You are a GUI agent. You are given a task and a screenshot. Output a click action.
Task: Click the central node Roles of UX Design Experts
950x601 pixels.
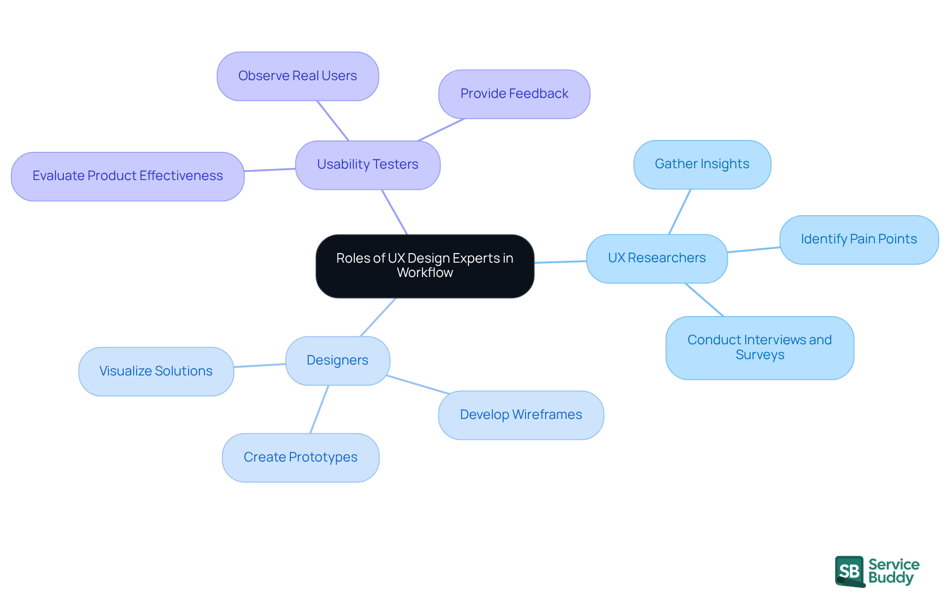click(425, 266)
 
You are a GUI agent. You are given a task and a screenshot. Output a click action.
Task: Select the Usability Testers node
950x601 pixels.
click(368, 165)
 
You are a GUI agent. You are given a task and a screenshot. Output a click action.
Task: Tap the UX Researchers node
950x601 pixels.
click(657, 258)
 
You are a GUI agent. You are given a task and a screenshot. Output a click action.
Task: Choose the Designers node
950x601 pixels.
click(337, 361)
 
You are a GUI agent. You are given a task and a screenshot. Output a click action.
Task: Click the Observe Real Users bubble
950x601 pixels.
click(297, 76)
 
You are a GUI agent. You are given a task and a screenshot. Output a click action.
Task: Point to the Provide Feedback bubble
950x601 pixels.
click(514, 94)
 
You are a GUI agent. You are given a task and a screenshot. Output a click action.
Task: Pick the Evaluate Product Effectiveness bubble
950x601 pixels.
click(128, 176)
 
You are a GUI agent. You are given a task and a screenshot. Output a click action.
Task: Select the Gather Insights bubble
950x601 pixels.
click(702, 164)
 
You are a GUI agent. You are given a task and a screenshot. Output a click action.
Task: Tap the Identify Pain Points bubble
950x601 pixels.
click(858, 239)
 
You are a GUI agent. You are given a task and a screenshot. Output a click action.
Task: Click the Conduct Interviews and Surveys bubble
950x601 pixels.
click(760, 347)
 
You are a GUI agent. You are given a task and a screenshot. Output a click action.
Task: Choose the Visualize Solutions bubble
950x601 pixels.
click(156, 371)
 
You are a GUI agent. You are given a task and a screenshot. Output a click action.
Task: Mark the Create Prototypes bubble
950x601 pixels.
click(300, 458)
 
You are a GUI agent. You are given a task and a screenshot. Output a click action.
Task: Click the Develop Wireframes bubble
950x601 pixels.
click(521, 415)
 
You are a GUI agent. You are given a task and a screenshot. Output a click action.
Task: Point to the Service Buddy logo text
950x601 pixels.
click(894, 571)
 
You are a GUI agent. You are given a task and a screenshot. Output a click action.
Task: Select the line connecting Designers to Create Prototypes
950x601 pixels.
click(319, 410)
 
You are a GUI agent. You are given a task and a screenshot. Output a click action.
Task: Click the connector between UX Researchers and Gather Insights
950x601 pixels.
click(680, 212)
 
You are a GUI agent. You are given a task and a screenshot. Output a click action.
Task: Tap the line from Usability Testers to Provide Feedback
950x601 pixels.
click(441, 130)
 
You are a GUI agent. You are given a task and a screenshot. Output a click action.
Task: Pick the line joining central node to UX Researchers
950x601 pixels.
click(560, 262)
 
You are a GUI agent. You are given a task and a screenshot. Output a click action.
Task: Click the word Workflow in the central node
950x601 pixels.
click(425, 273)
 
